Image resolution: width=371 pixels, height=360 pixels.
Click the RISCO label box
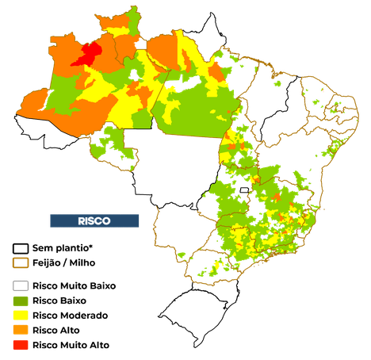click(x=94, y=220)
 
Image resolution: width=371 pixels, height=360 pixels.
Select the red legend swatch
click(x=21, y=345)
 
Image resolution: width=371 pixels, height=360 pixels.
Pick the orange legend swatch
click(x=21, y=328)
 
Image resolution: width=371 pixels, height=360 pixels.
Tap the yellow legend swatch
click(x=21, y=315)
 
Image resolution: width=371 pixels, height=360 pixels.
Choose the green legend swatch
click(x=21, y=301)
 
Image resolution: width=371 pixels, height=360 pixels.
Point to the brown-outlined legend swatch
click(x=21, y=262)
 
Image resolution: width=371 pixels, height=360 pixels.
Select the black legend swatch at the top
click(x=21, y=248)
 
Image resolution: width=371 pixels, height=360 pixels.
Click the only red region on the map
click(x=87, y=54)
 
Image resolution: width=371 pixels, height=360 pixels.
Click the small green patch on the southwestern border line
click(x=181, y=255)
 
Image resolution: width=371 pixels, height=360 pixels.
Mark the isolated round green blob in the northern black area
click(x=277, y=82)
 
